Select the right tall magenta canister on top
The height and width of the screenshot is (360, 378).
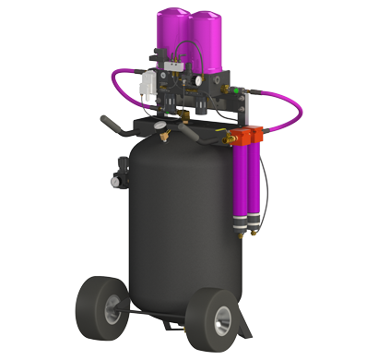point(205,42)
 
